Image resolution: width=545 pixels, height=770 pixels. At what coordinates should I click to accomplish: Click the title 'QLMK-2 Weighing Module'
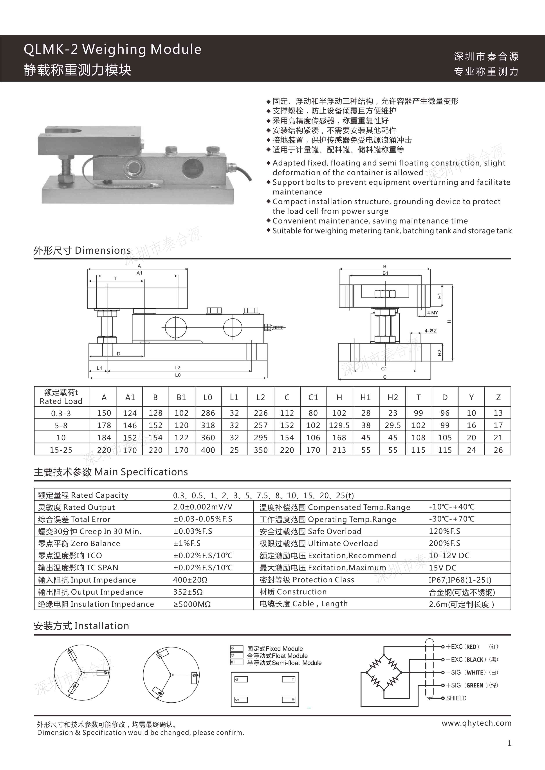(112, 49)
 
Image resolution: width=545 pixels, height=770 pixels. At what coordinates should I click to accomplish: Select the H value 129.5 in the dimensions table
(339, 425)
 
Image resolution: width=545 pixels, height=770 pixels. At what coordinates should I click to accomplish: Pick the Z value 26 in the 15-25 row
(498, 450)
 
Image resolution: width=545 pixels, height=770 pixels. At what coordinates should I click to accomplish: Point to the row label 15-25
(61, 450)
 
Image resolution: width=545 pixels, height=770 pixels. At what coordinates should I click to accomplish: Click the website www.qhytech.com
(476, 723)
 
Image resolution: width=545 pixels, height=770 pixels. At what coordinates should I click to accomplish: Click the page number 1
(509, 743)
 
